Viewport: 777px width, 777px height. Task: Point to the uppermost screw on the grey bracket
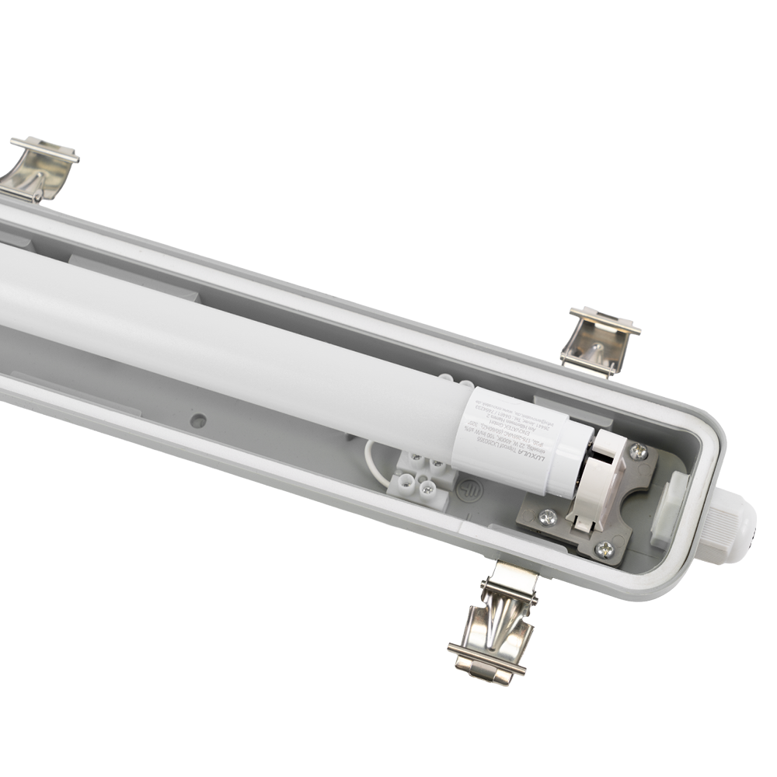tap(637, 451)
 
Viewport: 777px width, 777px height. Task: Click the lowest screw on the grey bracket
tap(604, 549)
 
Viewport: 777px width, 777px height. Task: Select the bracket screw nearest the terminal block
tap(548, 517)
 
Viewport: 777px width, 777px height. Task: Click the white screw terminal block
tap(423, 478)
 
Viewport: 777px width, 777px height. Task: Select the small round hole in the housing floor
tap(200, 420)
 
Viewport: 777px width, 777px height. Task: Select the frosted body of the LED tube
tap(233, 342)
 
